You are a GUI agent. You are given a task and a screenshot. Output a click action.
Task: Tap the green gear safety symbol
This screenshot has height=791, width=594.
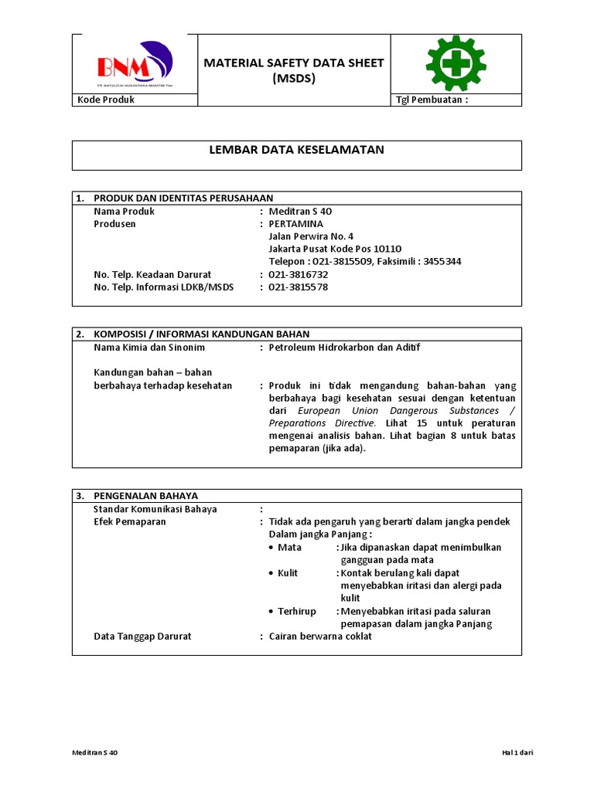click(456, 63)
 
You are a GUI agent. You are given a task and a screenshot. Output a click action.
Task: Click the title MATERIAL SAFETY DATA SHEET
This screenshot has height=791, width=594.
click(293, 63)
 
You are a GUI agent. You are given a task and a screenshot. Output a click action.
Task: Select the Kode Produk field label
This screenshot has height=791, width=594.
click(106, 100)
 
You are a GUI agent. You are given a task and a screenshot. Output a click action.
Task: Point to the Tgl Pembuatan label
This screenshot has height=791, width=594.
click(432, 100)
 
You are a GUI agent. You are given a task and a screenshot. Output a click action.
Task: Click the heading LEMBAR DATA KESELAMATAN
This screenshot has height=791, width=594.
click(296, 150)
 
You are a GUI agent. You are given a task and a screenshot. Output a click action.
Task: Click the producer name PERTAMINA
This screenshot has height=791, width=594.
click(295, 224)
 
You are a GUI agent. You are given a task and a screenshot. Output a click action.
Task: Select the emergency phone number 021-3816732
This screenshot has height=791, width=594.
click(298, 274)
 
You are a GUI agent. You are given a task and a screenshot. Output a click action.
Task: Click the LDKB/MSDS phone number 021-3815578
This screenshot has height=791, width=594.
click(298, 287)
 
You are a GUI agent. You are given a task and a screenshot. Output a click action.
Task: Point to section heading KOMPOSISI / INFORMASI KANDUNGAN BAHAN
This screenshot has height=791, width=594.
click(201, 334)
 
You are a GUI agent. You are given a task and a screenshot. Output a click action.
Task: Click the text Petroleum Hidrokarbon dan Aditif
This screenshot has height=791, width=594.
click(344, 348)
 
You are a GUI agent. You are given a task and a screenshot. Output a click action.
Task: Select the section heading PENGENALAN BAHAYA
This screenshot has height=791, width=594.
click(145, 495)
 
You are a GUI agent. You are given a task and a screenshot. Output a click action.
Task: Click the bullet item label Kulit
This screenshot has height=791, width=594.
click(288, 573)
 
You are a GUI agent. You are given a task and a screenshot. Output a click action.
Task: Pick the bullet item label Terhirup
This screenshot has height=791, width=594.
click(297, 611)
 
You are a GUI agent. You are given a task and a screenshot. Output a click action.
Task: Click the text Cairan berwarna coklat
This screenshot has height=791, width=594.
click(320, 636)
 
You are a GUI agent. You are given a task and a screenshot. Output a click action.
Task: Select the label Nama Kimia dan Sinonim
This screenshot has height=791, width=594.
click(149, 348)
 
